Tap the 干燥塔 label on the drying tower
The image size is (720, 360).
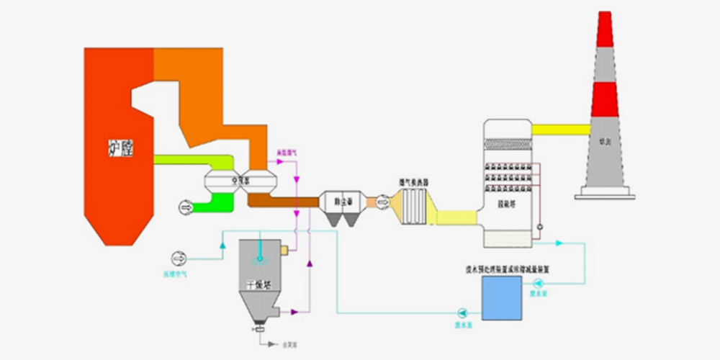click(258, 284)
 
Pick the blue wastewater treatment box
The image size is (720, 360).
click(501, 297)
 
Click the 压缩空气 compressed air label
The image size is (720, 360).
click(176, 274)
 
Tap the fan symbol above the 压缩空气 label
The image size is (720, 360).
click(176, 258)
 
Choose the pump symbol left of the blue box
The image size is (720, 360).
click(461, 312)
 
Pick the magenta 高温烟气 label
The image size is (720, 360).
click(287, 153)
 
